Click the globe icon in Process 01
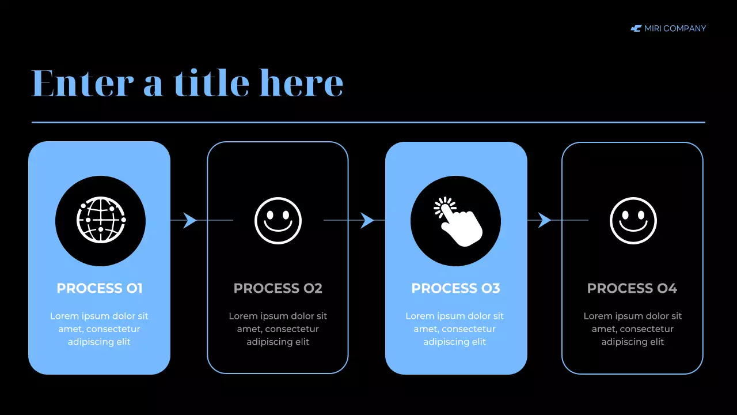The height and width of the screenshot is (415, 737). click(x=101, y=220)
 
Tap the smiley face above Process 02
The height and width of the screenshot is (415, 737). click(x=278, y=221)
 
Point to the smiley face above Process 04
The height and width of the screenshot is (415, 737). click(x=633, y=221)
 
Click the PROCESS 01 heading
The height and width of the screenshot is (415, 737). click(x=100, y=288)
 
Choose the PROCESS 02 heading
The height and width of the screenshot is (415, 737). click(x=278, y=288)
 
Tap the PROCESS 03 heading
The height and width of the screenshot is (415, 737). click(x=455, y=288)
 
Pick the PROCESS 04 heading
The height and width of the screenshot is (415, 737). click(x=632, y=288)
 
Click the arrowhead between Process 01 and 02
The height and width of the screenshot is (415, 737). click(x=190, y=220)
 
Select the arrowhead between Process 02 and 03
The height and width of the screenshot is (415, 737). click(x=367, y=220)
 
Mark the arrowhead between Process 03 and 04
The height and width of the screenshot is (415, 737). click(x=544, y=220)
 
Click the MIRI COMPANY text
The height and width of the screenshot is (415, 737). click(x=675, y=28)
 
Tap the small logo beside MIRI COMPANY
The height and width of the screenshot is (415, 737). click(x=636, y=28)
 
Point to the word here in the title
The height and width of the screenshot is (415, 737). click(x=301, y=83)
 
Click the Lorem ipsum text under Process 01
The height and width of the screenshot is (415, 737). click(x=99, y=329)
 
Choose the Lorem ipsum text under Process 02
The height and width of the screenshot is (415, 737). click(x=278, y=329)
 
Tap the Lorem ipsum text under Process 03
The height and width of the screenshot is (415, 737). click(x=455, y=329)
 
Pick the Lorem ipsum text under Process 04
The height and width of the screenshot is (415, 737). click(x=633, y=329)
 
